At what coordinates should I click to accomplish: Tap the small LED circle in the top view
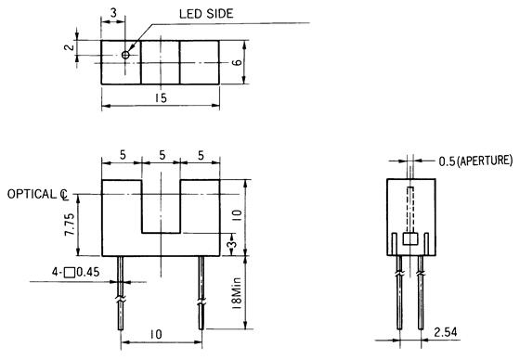point(126,55)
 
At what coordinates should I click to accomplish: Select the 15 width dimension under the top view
point(161,96)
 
